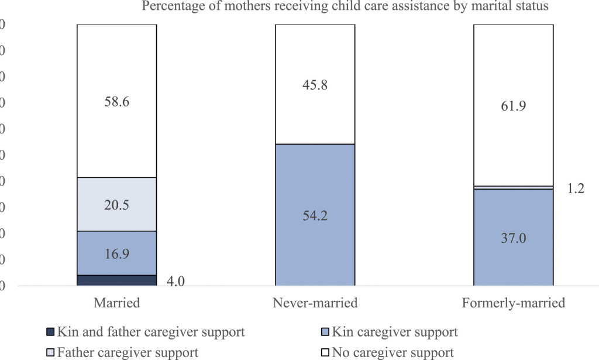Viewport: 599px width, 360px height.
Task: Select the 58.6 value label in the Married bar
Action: pyautogui.click(x=116, y=102)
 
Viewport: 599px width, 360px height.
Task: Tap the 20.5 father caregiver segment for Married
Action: pyautogui.click(x=116, y=204)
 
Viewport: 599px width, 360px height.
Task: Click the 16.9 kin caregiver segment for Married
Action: pyautogui.click(x=116, y=253)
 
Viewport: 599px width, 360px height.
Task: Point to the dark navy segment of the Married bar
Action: pyautogui.click(x=116, y=280)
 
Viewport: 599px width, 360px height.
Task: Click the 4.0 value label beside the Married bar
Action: pyautogui.click(x=175, y=281)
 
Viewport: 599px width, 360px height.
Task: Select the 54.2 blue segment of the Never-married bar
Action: pyautogui.click(x=315, y=215)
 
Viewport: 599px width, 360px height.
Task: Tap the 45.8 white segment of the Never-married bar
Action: pyautogui.click(x=315, y=84)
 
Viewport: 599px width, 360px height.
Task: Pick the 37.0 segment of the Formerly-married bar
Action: pyautogui.click(x=513, y=237)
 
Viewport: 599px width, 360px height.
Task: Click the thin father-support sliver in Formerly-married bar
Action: pyautogui.click(x=513, y=187)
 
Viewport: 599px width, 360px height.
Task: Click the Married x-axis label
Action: pyautogui.click(x=116, y=303)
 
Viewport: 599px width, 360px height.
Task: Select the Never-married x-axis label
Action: pyautogui.click(x=315, y=303)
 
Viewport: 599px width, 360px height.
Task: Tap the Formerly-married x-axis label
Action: pyautogui.click(x=513, y=303)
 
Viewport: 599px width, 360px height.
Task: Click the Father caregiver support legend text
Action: pyautogui.click(x=128, y=352)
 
